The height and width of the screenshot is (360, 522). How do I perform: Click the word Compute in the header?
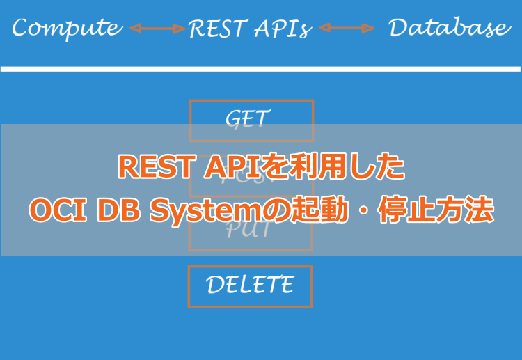pyautogui.click(x=67, y=28)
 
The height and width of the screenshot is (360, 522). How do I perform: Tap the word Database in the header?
pyautogui.click(x=449, y=28)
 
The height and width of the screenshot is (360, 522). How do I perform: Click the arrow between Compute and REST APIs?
pyautogui.click(x=157, y=29)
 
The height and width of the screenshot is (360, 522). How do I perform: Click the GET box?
pyautogui.click(x=251, y=120)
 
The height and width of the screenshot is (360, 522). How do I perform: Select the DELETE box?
pyautogui.click(x=250, y=285)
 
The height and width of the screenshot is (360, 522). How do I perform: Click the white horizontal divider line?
pyautogui.click(x=260, y=69)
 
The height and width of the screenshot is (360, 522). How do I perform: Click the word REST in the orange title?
pyautogui.click(x=147, y=168)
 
